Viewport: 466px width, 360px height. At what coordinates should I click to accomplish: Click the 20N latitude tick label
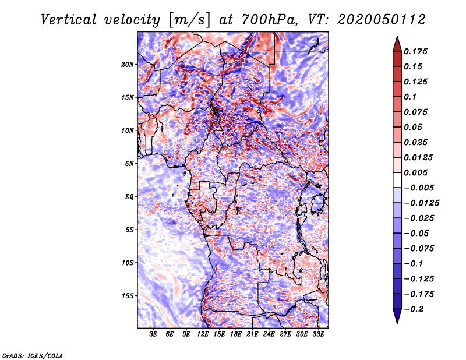coord(127,65)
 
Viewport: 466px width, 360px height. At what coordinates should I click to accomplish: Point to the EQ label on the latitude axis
coord(129,197)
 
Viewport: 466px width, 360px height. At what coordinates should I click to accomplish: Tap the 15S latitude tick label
coord(128,296)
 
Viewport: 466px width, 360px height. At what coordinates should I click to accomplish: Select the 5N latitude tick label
coord(129,164)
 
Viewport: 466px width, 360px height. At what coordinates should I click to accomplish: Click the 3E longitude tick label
coord(153,334)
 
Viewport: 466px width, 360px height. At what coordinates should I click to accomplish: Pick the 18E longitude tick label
coord(236,334)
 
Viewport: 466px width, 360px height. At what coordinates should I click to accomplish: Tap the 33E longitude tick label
coord(318,334)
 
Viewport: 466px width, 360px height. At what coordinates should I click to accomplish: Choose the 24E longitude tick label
coord(269,334)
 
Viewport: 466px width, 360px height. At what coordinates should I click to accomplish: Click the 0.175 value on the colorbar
coord(415,51)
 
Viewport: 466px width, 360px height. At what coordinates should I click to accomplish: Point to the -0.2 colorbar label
coord(414,309)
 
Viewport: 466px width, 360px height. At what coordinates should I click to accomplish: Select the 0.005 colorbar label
coord(415,172)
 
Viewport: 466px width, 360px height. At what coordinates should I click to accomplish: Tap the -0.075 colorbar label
coord(419,249)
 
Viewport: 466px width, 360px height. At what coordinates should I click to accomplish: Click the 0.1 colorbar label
coord(410,97)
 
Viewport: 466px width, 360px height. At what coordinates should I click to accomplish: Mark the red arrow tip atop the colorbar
coord(397,37)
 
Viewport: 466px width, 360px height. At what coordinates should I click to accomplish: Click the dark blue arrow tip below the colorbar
coord(397,323)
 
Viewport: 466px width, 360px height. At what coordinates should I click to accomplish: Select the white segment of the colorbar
coord(397,180)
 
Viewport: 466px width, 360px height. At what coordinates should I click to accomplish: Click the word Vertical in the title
coord(69,20)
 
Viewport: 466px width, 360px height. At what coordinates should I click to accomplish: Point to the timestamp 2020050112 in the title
coord(381,20)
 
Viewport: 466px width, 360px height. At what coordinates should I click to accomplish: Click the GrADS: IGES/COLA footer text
coord(33,356)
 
